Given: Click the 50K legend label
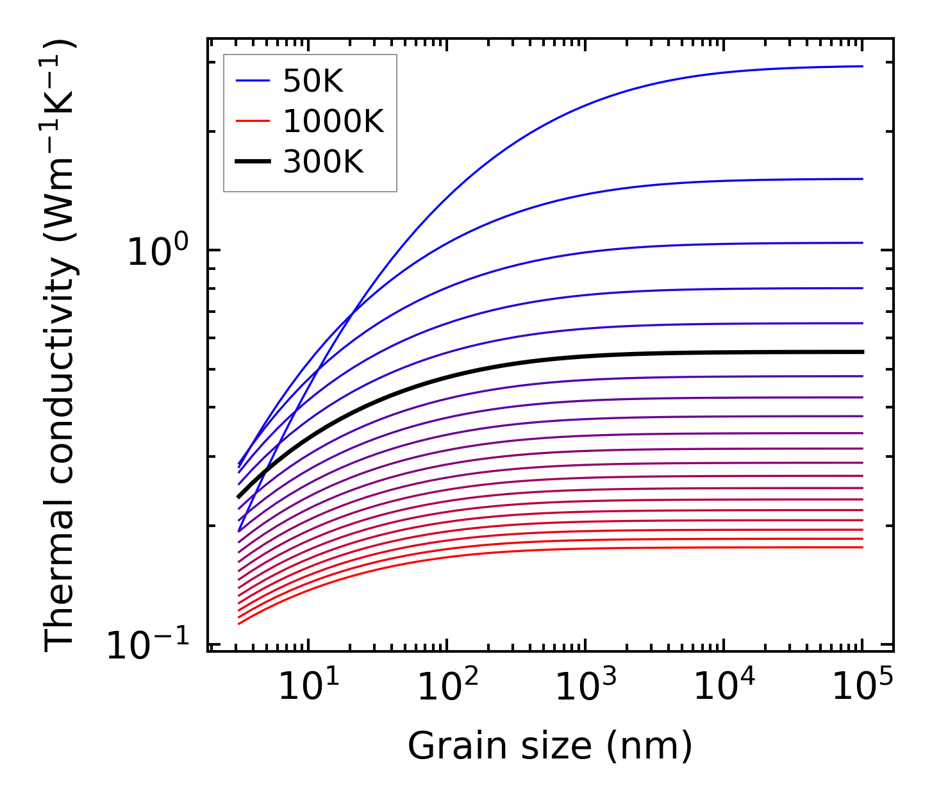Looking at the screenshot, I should tap(313, 81).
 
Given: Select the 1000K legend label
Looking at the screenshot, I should tap(333, 121).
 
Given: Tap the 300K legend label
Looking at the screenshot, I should tap(323, 162).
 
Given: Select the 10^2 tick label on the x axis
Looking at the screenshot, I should tap(447, 687).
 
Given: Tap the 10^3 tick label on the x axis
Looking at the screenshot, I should tap(586, 687).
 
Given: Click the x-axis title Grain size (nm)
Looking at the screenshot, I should tap(550, 746).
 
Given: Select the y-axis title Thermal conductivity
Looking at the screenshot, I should tap(60, 346).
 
